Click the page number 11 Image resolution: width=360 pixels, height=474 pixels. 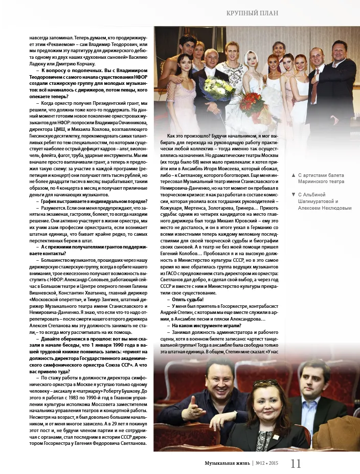(296, 464)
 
